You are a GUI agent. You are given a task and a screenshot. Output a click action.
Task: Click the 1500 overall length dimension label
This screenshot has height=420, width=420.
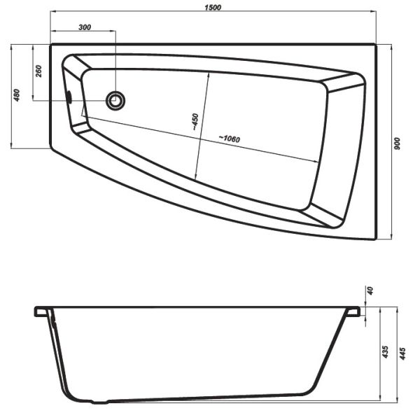[213, 7]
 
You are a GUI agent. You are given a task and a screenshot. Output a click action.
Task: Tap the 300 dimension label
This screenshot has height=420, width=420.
[85, 27]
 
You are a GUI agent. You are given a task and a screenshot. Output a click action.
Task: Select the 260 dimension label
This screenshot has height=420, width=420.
[38, 71]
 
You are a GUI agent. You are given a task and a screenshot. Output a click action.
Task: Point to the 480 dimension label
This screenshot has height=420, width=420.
[17, 95]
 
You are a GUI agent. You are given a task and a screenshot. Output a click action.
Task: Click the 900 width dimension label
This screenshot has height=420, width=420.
[397, 143]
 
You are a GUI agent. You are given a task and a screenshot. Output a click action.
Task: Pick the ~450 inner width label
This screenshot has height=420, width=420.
[195, 122]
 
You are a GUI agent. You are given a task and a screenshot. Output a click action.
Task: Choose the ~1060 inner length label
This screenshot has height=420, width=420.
[230, 139]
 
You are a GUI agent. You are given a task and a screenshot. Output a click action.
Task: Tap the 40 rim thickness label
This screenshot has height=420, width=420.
[370, 290]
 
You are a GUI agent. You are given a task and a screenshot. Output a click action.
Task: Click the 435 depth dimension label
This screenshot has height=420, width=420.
[385, 351]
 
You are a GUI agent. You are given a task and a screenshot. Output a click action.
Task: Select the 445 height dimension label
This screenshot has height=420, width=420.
[402, 353]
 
